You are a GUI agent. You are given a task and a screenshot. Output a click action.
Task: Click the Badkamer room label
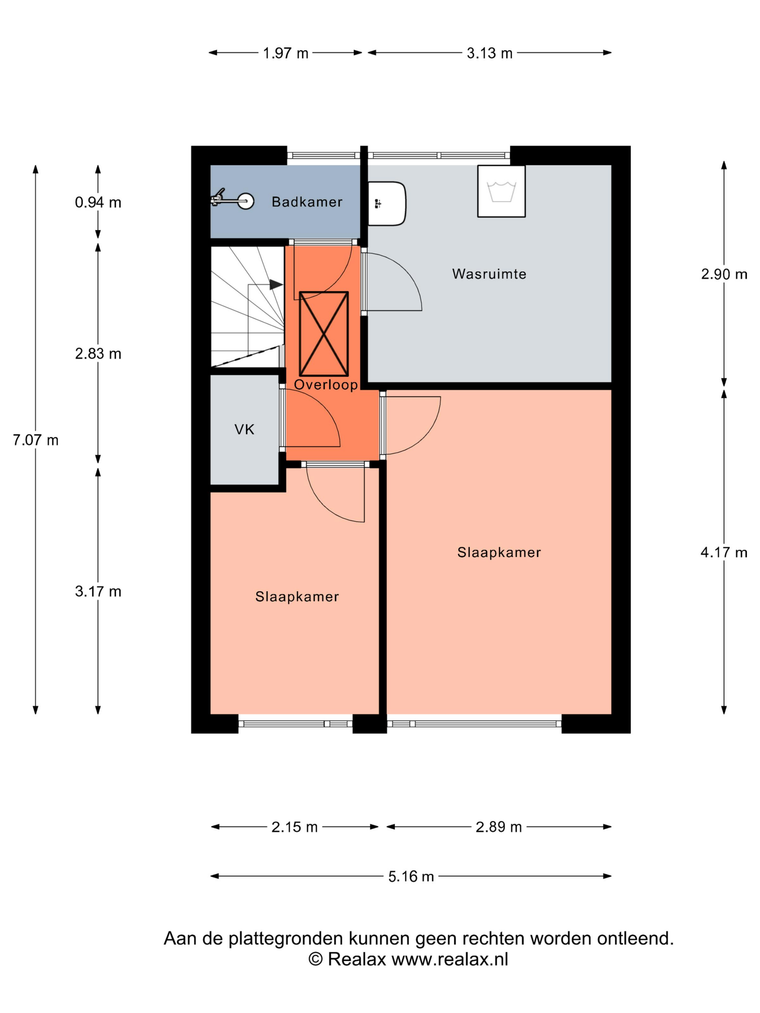tap(307, 202)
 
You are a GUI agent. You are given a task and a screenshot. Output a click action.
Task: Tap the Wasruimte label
tap(489, 274)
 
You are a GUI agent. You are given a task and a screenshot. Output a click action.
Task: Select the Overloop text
tap(326, 385)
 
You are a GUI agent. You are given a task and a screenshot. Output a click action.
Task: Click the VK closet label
tap(244, 429)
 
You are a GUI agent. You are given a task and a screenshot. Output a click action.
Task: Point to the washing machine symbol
tap(501, 191)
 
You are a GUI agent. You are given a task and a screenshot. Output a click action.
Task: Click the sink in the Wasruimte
tap(387, 204)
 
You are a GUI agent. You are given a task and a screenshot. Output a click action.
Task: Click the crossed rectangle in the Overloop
tap(324, 334)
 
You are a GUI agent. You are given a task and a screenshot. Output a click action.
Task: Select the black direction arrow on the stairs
tap(276, 285)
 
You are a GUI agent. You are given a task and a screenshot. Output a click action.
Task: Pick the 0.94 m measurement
tap(98, 202)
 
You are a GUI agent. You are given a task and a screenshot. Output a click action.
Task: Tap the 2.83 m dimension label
tap(98, 354)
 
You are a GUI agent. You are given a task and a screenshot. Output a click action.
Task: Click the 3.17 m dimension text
tap(98, 592)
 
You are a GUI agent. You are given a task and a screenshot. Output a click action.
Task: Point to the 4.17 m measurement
tap(724, 553)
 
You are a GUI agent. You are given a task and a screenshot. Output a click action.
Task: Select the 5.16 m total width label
tap(411, 877)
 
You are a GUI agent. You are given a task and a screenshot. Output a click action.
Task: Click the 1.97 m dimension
tap(286, 54)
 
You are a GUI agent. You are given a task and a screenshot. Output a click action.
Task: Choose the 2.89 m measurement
tap(498, 827)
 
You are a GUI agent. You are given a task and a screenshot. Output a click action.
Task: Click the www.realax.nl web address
tap(450, 959)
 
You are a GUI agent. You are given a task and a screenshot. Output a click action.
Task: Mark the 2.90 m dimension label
tap(724, 274)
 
